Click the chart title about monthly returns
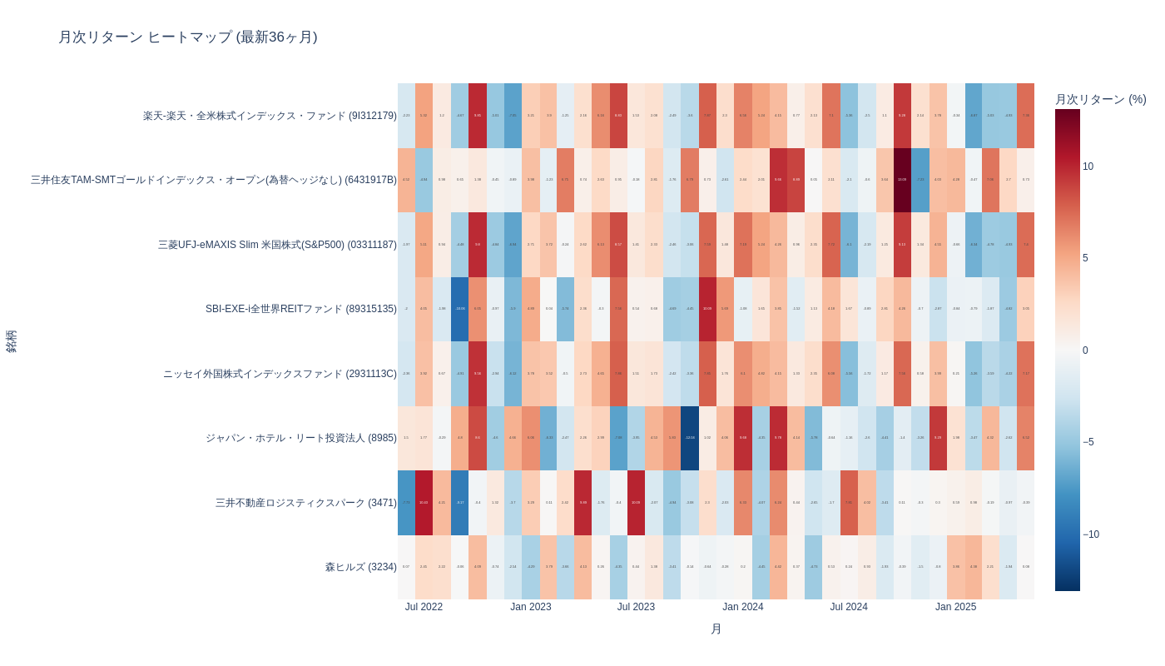[x=187, y=37]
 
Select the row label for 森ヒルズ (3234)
[x=360, y=567]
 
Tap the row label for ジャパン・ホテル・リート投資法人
[x=300, y=438]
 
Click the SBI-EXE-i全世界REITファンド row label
[x=300, y=309]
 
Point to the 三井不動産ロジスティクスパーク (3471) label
[x=305, y=503]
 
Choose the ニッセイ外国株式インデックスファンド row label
[x=280, y=374]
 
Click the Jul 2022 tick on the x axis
[x=424, y=607]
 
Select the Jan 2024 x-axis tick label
[x=742, y=607]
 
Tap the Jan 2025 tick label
[x=955, y=607]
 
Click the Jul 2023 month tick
[x=636, y=607]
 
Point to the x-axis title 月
[x=716, y=629]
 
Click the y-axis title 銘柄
[x=12, y=341]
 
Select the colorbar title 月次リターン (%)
[x=1100, y=99]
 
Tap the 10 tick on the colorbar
[x=1088, y=166]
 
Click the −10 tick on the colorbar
[x=1090, y=534]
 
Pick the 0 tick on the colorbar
[x=1085, y=350]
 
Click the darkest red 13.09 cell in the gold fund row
[x=902, y=180]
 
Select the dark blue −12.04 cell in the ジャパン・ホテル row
[x=690, y=438]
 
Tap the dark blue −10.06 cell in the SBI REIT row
[x=459, y=309]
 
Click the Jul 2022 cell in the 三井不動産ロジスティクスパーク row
[x=406, y=503]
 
